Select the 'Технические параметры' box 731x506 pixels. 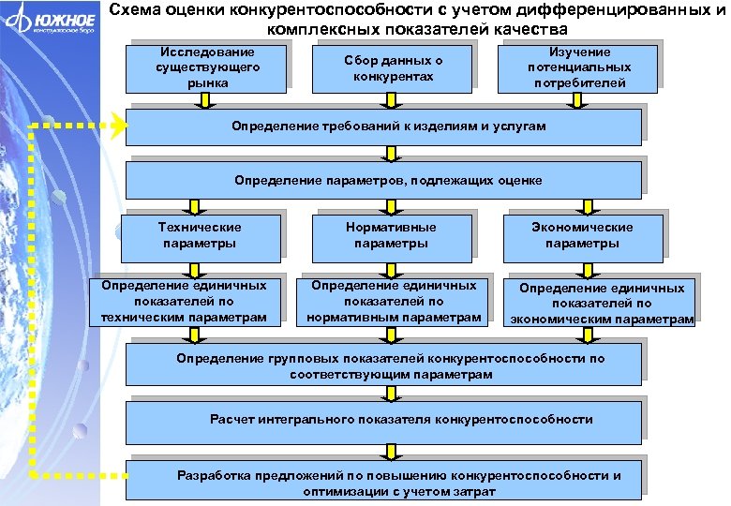(x=199, y=235)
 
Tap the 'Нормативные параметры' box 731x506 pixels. (x=390, y=235)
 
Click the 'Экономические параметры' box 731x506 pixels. (x=581, y=235)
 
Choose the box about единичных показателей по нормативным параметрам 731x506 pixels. (x=394, y=302)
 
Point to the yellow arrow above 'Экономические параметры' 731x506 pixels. (x=588, y=204)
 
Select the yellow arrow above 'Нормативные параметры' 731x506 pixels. (x=390, y=204)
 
